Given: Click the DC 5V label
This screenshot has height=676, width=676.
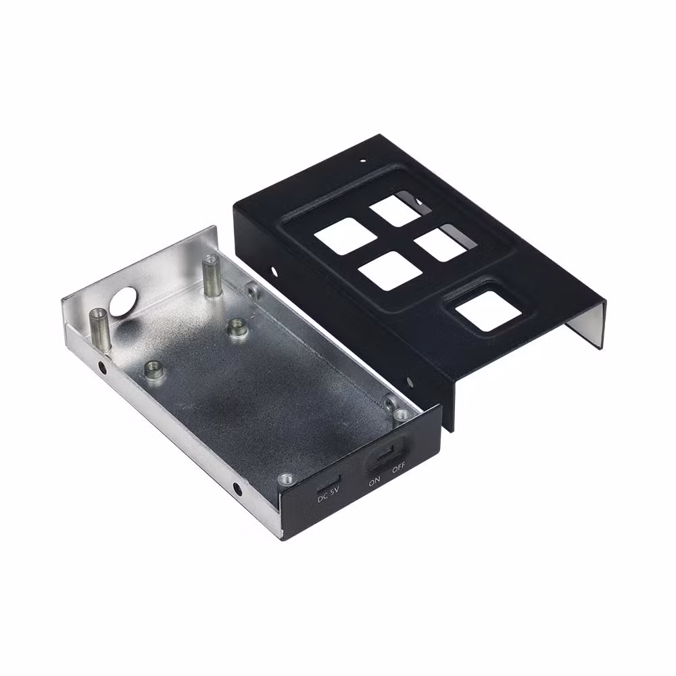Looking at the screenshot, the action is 329,494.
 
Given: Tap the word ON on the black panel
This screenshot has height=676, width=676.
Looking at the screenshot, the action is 375,481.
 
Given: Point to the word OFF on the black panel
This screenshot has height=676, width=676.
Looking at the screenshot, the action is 399,467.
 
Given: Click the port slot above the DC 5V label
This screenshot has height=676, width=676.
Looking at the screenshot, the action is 329,483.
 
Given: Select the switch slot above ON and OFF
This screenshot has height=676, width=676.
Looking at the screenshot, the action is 386,453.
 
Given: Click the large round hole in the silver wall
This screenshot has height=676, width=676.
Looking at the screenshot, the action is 123,301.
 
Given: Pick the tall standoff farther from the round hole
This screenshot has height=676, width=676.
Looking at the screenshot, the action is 210,276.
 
